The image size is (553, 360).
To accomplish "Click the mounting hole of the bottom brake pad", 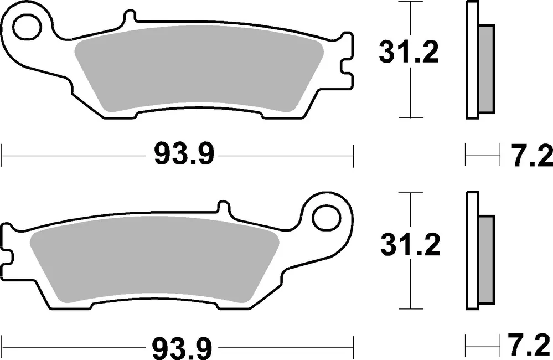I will [324, 218].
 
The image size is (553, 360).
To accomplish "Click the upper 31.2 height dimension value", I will [409, 53].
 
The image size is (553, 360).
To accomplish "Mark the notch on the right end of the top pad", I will [345, 62].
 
